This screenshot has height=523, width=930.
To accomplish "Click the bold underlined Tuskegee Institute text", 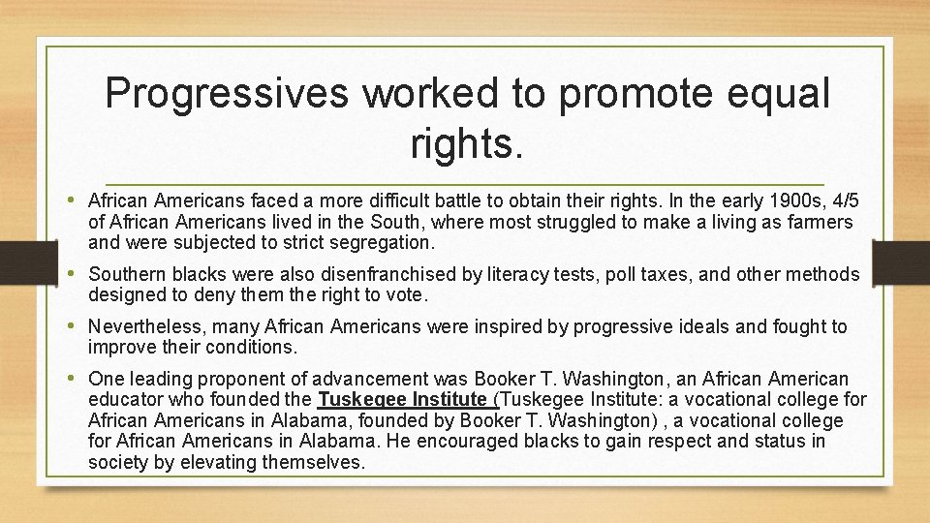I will click(403, 399).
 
